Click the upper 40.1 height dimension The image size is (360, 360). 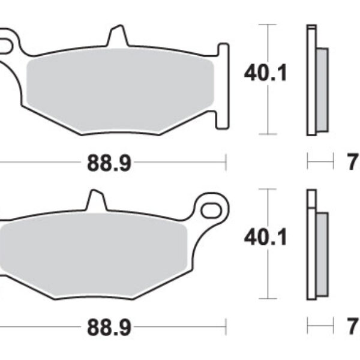266,73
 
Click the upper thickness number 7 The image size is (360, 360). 352,162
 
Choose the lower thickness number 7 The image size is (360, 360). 352,328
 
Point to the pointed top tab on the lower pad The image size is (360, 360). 95,201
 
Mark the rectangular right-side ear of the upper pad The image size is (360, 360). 222,84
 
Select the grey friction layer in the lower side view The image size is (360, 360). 322,255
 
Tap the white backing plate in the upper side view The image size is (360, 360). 311,81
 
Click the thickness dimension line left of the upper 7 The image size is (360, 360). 320,161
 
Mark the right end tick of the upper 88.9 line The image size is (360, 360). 225,161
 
